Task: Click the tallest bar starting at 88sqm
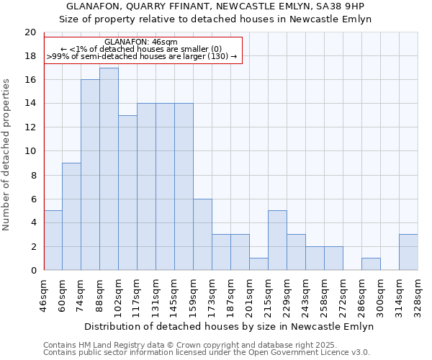click(109, 169)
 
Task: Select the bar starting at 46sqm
click(53, 240)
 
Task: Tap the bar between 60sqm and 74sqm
click(71, 217)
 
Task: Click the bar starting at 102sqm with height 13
click(127, 193)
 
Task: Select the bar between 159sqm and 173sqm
click(202, 235)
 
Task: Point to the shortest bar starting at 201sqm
click(258, 264)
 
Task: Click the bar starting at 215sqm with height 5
click(277, 240)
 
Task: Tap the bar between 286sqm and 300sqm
click(371, 264)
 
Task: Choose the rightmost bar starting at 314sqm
click(408, 253)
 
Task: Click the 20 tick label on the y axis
click(30, 32)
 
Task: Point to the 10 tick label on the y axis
click(30, 151)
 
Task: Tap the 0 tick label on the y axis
click(32, 271)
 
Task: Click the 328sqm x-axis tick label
click(418, 292)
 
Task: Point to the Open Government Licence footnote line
click(207, 352)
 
